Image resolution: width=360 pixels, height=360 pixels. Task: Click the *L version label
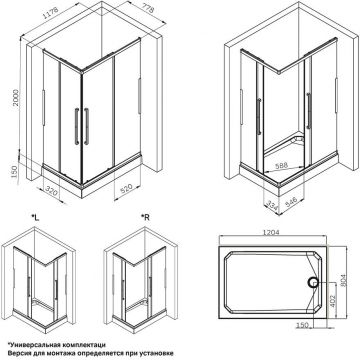pyautogui.click(x=36, y=215)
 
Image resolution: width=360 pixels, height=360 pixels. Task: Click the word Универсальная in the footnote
pyautogui.click(x=36, y=342)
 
